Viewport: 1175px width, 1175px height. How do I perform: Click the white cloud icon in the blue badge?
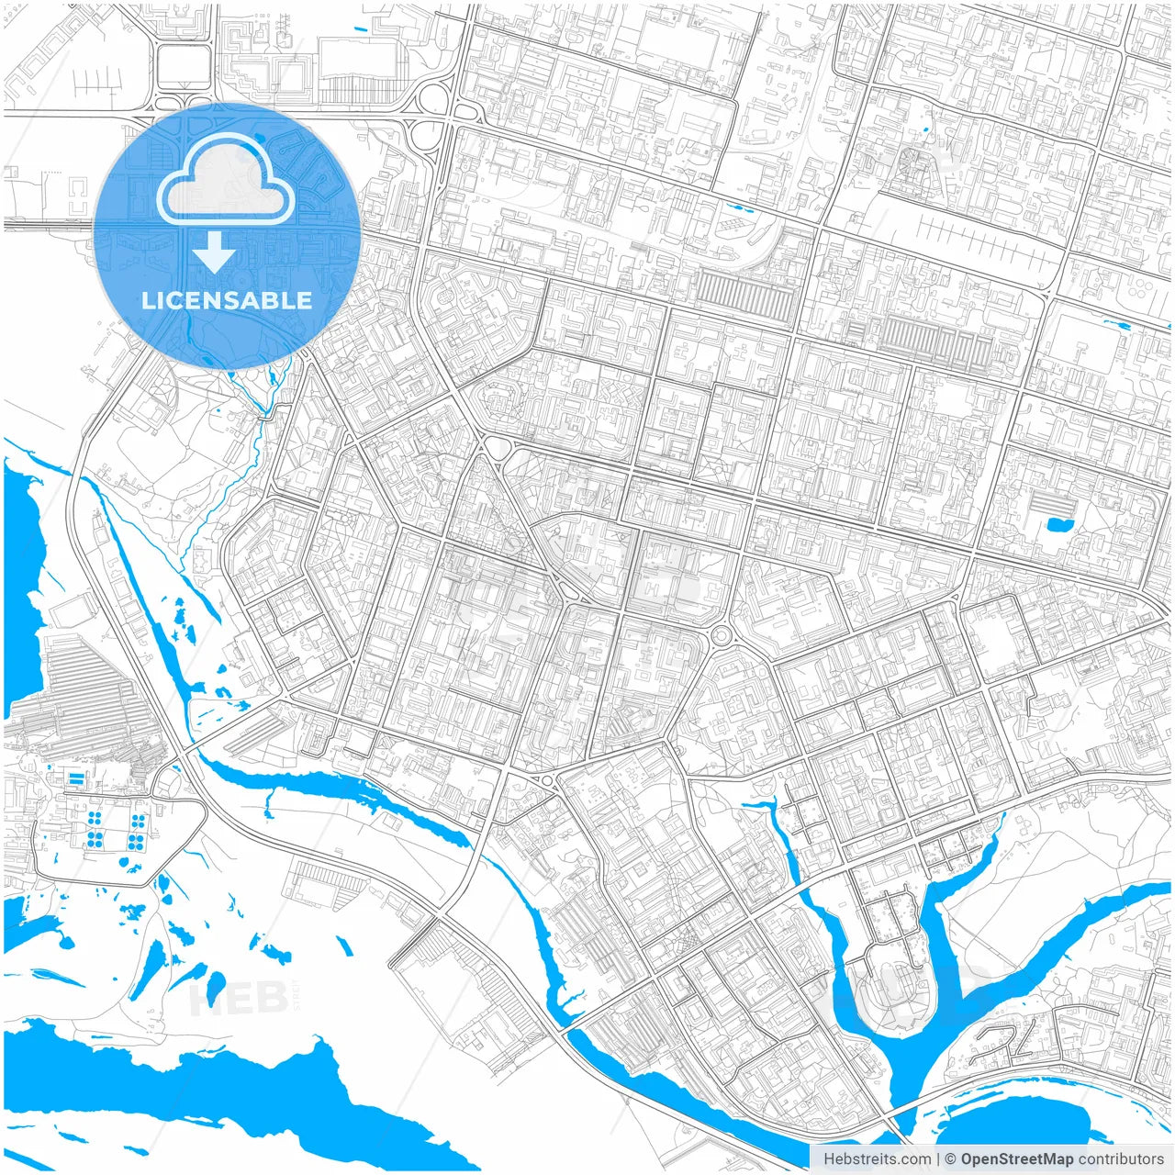pyautogui.click(x=226, y=181)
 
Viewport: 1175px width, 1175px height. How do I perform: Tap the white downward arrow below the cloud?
pyautogui.click(x=215, y=252)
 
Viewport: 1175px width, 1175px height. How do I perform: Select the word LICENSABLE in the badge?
pyautogui.click(x=226, y=300)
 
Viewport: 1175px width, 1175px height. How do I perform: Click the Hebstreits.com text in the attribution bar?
pyautogui.click(x=877, y=1158)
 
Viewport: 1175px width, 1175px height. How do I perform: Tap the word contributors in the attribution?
pyautogui.click(x=1120, y=1158)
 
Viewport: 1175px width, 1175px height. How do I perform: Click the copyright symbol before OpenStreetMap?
pyautogui.click(x=951, y=1158)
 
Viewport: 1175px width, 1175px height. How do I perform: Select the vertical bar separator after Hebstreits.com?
pyautogui.click(x=938, y=1158)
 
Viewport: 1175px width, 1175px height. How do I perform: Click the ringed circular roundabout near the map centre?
pyautogui.click(x=721, y=634)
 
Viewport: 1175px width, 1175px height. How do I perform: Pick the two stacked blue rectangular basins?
pyautogui.click(x=74, y=778)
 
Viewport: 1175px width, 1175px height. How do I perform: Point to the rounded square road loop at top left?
pyautogui.click(x=184, y=65)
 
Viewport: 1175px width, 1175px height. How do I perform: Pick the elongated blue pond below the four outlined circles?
pyautogui.click(x=1117, y=323)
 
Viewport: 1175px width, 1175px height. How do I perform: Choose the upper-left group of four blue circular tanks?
pyautogui.click(x=94, y=819)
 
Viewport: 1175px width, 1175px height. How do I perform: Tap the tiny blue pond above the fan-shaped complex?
pyautogui.click(x=925, y=129)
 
